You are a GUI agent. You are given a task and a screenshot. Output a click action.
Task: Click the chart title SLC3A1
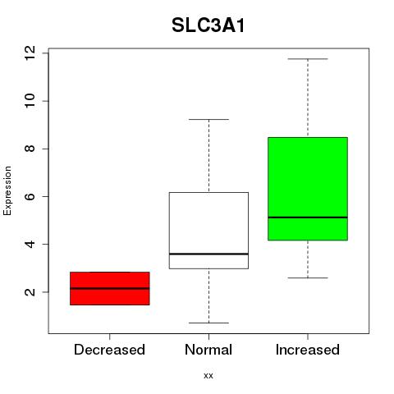[208, 25]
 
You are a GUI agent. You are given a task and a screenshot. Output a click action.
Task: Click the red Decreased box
[110, 288]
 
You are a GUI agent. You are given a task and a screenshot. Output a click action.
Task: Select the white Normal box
[208, 231]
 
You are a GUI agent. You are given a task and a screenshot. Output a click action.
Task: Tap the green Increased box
[308, 189]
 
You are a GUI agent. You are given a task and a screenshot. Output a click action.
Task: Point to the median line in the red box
[110, 288]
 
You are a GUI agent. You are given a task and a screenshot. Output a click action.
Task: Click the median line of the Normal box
[208, 254]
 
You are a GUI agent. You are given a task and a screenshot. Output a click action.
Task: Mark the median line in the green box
[308, 218]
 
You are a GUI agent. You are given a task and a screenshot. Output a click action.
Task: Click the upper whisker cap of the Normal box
[208, 119]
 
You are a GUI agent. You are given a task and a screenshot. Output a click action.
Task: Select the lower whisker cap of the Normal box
[208, 323]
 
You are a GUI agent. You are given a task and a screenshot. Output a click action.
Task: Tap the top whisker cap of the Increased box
[308, 59]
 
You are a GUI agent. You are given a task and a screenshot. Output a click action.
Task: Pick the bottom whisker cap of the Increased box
[308, 277]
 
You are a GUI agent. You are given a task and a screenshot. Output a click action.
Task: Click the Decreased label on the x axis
[109, 350]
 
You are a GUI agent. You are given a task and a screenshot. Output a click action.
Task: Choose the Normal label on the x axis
[208, 350]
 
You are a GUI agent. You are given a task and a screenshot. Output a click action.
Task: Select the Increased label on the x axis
[308, 350]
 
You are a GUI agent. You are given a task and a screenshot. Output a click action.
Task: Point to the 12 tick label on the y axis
[30, 53]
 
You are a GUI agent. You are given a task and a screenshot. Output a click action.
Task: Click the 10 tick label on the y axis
[30, 101]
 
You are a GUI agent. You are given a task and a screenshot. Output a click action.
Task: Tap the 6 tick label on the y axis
[30, 196]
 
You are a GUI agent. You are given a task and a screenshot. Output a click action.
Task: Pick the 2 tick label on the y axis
[30, 292]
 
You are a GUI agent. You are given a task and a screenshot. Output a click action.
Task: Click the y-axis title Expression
[7, 191]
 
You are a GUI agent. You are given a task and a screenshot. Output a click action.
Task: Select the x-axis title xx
[208, 376]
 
